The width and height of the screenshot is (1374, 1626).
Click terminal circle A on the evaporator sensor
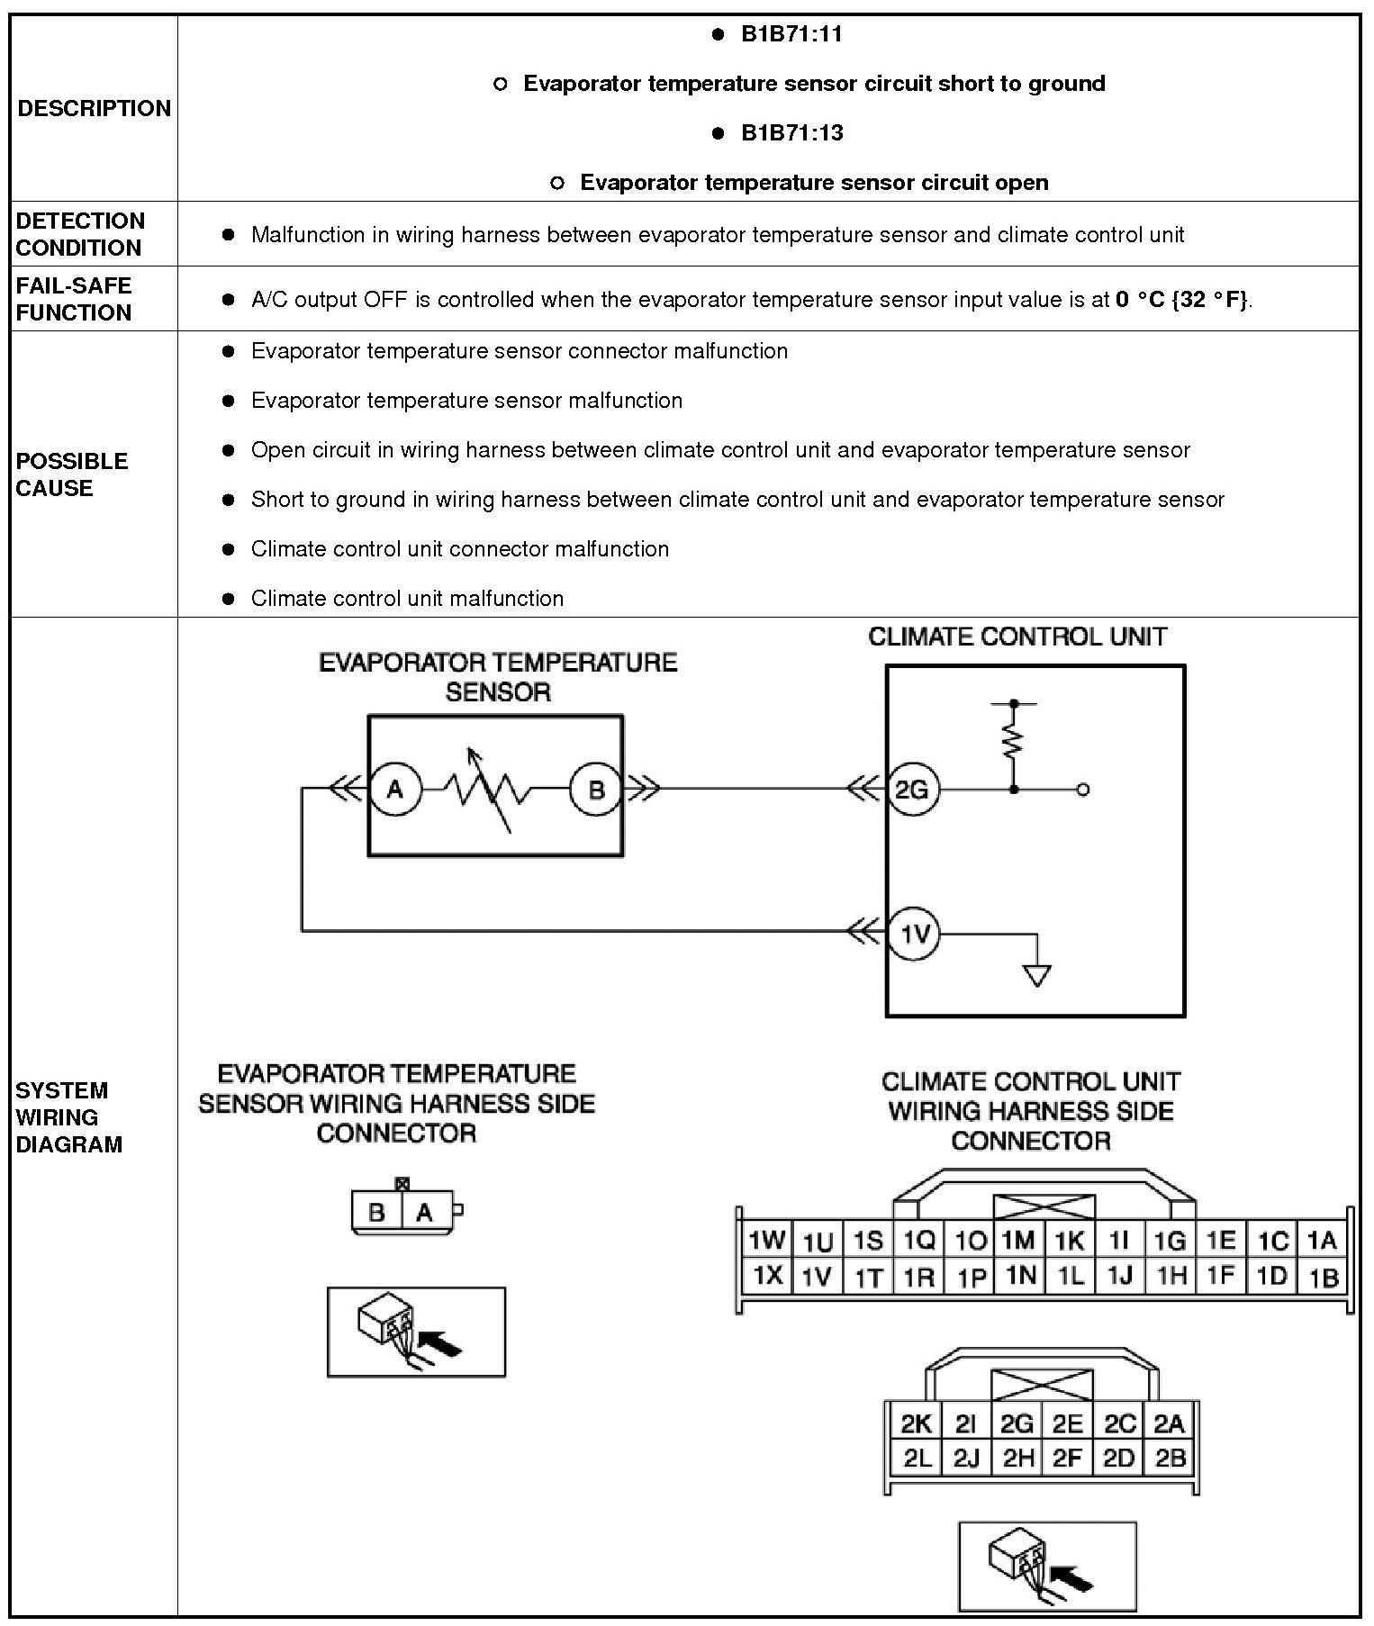(x=394, y=790)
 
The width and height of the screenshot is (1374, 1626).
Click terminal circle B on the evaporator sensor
(x=595, y=790)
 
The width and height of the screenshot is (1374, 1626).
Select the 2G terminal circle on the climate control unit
(x=912, y=790)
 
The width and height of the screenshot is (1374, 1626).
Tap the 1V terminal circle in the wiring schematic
(x=914, y=934)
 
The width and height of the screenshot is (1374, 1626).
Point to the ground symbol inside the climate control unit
(x=1037, y=975)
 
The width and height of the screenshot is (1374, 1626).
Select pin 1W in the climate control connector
(x=766, y=1241)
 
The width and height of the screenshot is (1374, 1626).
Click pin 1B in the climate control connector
(x=1324, y=1278)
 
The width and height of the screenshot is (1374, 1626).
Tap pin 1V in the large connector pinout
(x=816, y=1277)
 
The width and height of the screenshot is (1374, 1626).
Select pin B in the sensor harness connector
(x=376, y=1212)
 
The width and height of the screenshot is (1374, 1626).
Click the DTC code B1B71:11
(x=791, y=34)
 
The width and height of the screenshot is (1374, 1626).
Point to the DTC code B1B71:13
(x=791, y=133)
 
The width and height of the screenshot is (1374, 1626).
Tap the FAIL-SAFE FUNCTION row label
(x=74, y=299)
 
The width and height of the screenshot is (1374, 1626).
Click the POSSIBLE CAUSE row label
(x=71, y=474)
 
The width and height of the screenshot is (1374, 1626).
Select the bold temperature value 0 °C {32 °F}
(x=1182, y=300)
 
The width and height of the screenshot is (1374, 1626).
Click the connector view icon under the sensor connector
(x=416, y=1332)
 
